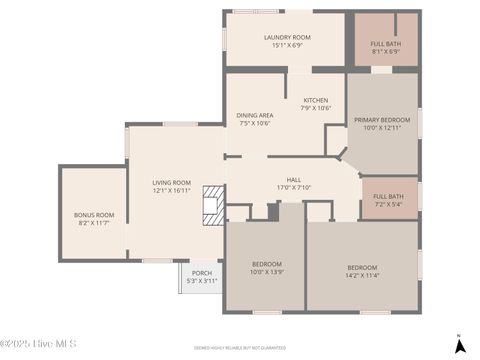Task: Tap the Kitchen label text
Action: [316, 100]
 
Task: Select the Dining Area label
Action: [255, 115]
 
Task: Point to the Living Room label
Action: [171, 182]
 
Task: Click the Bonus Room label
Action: [94, 215]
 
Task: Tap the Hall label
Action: [294, 179]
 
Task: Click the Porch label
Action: [202, 273]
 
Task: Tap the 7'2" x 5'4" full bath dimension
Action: [388, 204]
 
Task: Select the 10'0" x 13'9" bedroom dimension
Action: [266, 272]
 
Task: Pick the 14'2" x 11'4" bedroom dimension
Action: [362, 275]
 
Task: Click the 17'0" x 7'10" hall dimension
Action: [294, 187]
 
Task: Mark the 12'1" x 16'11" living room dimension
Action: [171, 190]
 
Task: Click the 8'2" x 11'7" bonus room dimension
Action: [94, 223]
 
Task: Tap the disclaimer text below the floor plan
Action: [240, 347]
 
